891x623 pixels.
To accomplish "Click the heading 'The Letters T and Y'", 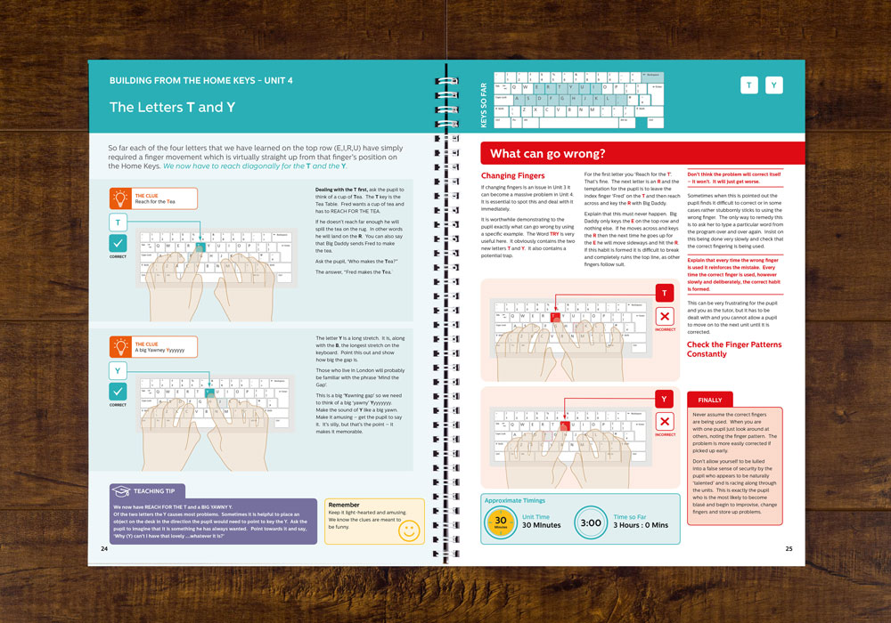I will (172, 107).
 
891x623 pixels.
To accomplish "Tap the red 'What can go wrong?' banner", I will (547, 153).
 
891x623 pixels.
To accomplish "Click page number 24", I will (104, 549).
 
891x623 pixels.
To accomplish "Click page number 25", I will (789, 549).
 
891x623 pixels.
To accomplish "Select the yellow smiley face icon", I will (408, 530).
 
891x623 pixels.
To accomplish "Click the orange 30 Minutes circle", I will (501, 522).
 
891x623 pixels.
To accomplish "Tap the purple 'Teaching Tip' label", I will (148, 490).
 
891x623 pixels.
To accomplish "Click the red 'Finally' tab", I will (710, 400).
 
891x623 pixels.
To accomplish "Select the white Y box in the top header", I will (774, 85).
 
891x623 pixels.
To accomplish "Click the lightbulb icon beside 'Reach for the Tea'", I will (119, 198).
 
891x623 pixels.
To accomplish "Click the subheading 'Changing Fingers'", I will (511, 176).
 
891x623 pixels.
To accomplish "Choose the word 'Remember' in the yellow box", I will (344, 506).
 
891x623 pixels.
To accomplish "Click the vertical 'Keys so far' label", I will (485, 101).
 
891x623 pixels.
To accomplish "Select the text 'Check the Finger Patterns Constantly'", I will (733, 349).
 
